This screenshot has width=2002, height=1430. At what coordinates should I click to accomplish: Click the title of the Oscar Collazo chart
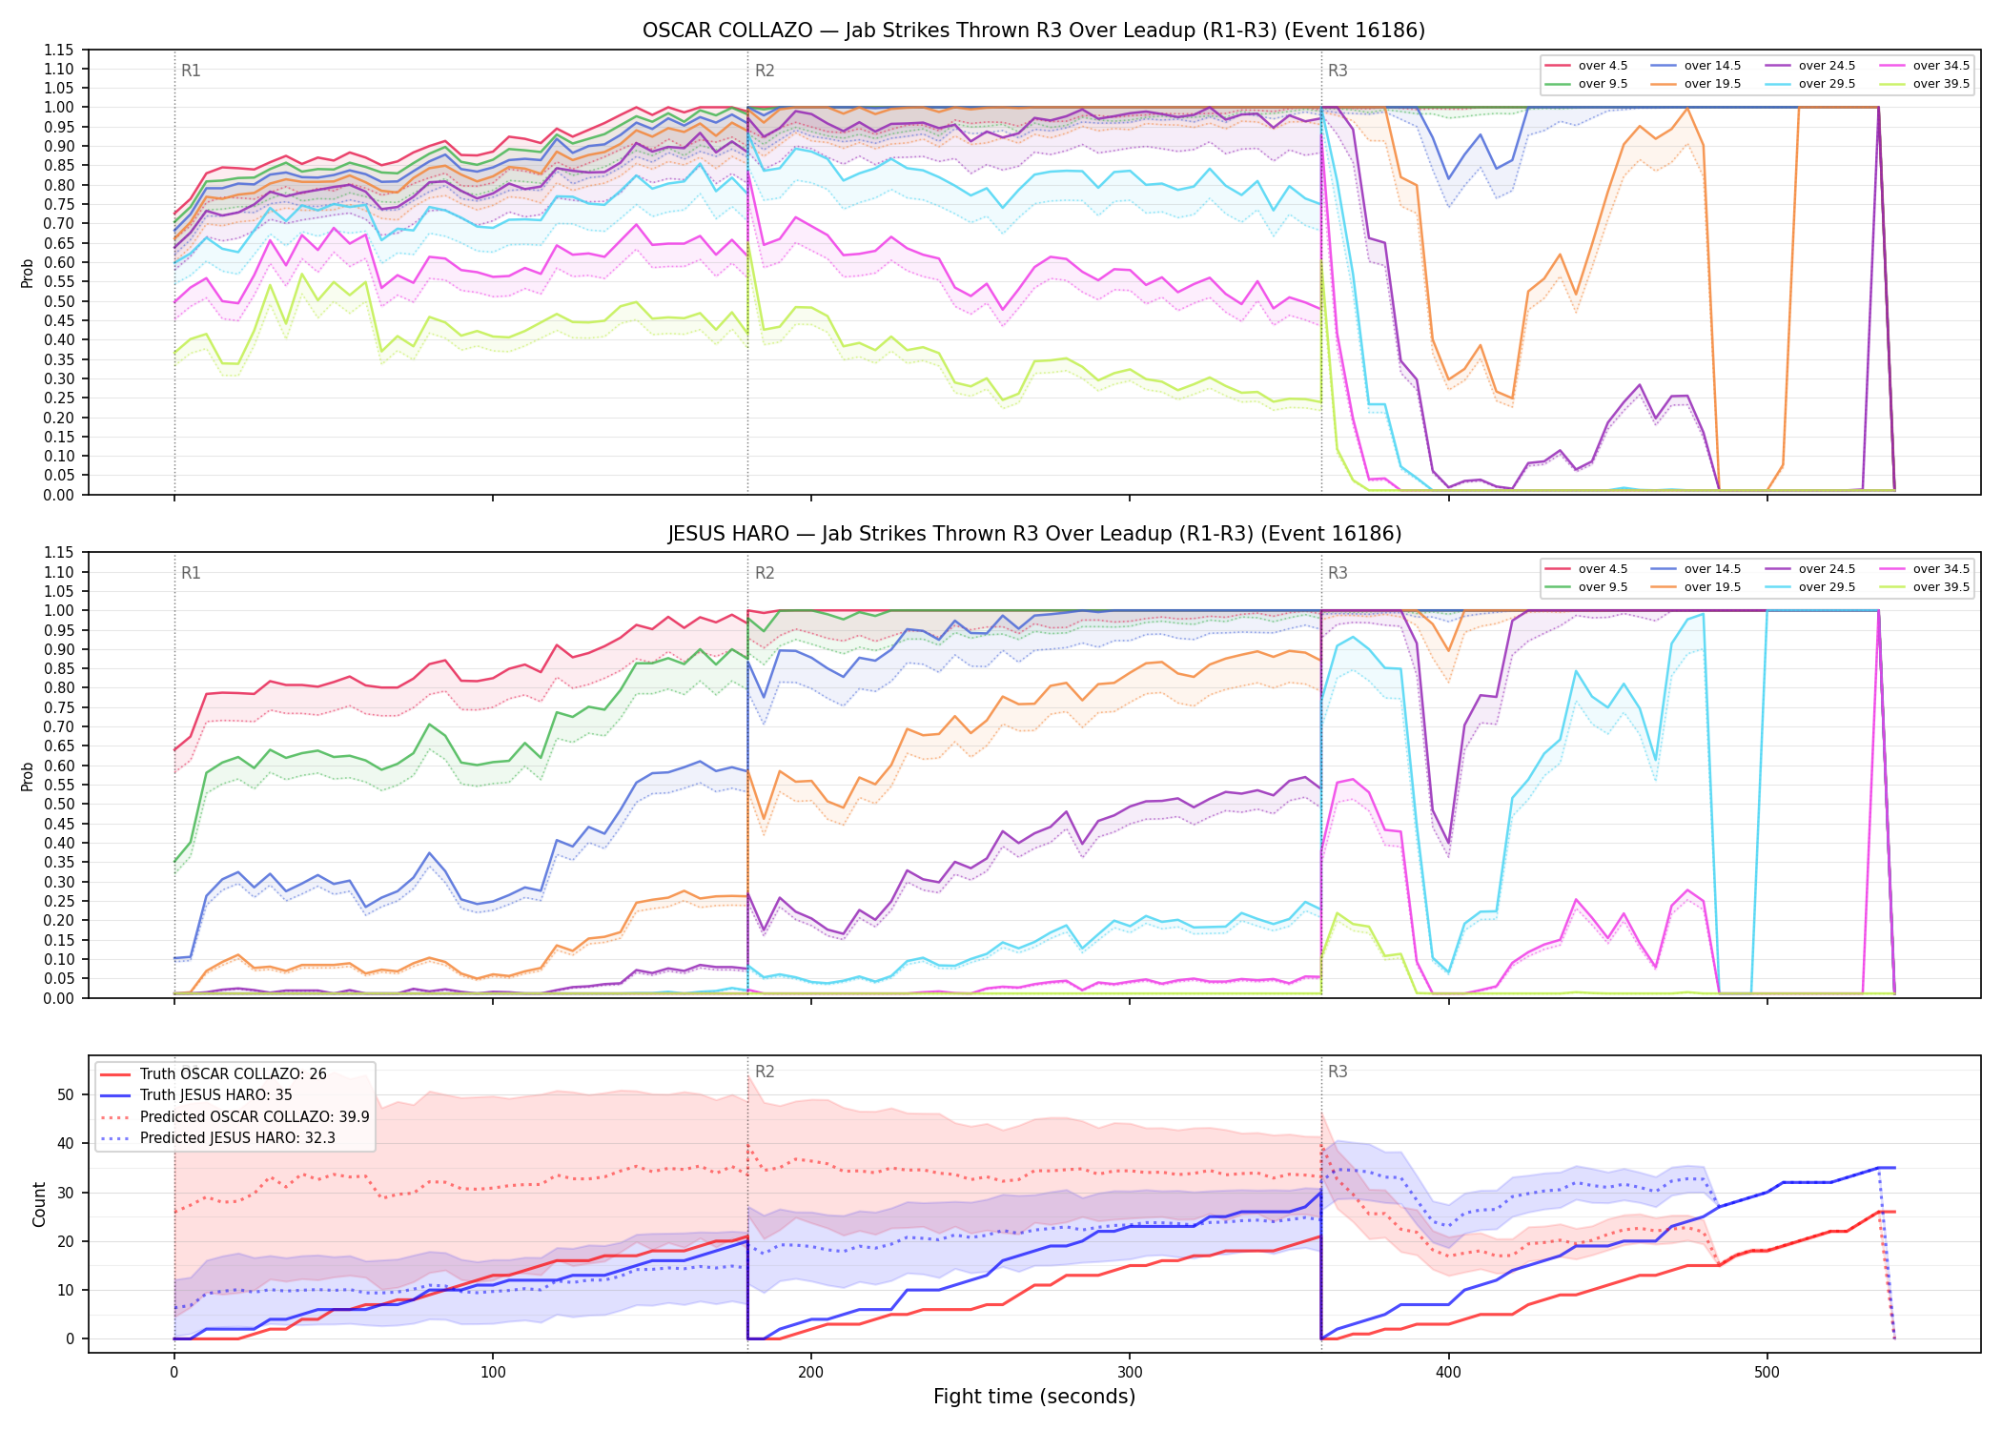(1033, 31)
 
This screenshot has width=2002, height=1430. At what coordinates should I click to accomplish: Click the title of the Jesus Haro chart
(1033, 534)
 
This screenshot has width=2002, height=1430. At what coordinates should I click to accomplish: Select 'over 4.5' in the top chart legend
(1603, 66)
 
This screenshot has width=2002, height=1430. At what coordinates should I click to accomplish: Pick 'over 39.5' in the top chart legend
(1942, 84)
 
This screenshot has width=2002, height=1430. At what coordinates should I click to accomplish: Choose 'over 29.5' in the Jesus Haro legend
(1827, 587)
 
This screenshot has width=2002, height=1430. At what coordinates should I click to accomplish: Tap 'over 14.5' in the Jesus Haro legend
(1712, 569)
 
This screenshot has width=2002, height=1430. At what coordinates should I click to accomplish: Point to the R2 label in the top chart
(765, 71)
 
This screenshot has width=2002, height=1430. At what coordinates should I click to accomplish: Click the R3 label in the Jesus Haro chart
(1338, 573)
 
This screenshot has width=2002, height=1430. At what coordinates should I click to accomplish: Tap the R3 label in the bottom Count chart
(1338, 1072)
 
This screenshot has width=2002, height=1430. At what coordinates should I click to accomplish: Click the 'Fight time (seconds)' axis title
(1034, 1397)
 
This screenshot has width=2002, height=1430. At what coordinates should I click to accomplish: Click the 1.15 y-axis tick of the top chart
(58, 50)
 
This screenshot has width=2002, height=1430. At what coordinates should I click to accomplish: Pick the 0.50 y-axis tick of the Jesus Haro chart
(58, 804)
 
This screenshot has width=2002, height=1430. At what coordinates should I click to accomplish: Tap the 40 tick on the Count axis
(65, 1143)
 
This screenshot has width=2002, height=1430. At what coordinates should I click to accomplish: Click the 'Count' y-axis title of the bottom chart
(39, 1204)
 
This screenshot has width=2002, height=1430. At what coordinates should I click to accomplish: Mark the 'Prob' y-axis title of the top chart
(28, 274)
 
